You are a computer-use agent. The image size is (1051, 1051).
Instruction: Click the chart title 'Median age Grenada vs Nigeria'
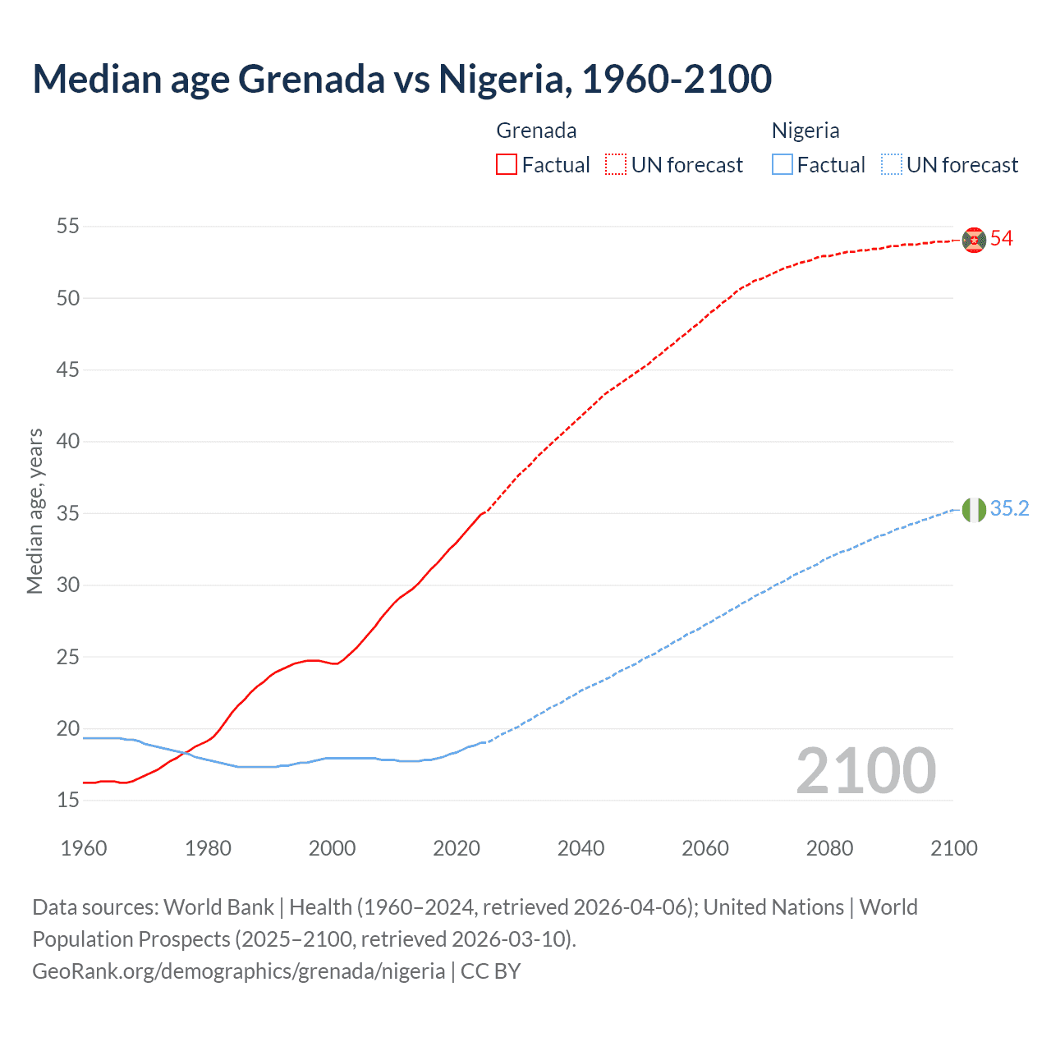(402, 79)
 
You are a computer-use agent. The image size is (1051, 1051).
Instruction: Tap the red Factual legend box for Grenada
(507, 165)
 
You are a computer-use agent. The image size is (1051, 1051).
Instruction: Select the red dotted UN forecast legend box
(616, 165)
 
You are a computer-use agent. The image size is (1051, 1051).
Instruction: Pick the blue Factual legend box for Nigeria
(783, 165)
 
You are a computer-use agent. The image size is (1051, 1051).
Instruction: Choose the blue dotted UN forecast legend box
(892, 165)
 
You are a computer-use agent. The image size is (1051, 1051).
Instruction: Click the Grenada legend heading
(536, 131)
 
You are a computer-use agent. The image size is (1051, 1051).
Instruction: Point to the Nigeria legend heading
(805, 131)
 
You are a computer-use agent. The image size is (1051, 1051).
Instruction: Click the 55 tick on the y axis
(68, 226)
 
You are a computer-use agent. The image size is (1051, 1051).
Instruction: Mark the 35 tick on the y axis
(68, 514)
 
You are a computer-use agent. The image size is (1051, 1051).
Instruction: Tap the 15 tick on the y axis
(68, 801)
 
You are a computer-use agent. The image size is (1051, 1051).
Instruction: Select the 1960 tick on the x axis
(84, 848)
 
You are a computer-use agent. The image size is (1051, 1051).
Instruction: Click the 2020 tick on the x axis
(457, 848)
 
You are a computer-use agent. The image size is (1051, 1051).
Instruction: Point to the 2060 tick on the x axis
(705, 848)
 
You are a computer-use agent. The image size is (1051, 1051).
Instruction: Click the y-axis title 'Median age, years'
(34, 511)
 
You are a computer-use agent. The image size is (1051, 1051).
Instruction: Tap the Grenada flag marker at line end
(974, 240)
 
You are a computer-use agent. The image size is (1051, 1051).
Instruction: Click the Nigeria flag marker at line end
(974, 510)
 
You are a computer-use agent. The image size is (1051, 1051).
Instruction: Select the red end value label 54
(1002, 239)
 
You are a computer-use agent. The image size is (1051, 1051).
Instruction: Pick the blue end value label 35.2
(1009, 509)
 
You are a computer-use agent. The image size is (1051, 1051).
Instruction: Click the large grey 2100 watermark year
(866, 771)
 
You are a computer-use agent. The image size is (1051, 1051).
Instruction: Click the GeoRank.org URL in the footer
(238, 971)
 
